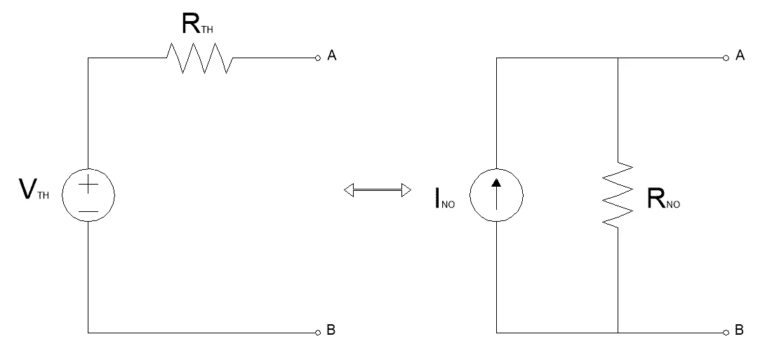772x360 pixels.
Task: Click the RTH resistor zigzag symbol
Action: pyautogui.click(x=199, y=58)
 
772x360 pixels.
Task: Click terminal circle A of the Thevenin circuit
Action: pyautogui.click(x=317, y=58)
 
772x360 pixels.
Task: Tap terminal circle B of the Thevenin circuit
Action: pyautogui.click(x=317, y=331)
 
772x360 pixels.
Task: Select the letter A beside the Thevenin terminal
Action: pyautogui.click(x=332, y=56)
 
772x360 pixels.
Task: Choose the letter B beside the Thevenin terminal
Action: pyautogui.click(x=331, y=331)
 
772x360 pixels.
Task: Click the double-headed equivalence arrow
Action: pyautogui.click(x=377, y=189)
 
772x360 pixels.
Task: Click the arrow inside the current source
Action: pyautogui.click(x=496, y=192)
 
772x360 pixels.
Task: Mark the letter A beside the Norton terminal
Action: pyautogui.click(x=740, y=55)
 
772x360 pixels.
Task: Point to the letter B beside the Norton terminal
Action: pyautogui.click(x=739, y=331)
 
